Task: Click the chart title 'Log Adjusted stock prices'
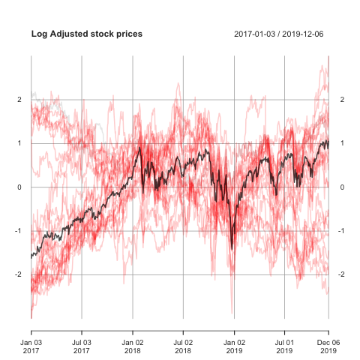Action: (87, 34)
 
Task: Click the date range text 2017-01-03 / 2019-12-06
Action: (279, 34)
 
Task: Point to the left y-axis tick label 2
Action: (19, 100)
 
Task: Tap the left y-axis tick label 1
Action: (19, 143)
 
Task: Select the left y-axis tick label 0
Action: (19, 187)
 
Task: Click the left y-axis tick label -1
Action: (18, 231)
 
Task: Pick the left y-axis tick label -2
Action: (18, 274)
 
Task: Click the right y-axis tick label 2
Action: (342, 100)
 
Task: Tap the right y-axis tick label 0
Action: (342, 187)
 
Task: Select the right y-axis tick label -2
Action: (341, 274)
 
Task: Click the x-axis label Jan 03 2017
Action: (31, 346)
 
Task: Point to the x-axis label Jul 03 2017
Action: (82, 346)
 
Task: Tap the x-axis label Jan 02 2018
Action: (133, 346)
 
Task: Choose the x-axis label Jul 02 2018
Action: (183, 346)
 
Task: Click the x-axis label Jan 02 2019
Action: (234, 346)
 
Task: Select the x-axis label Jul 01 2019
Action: (284, 346)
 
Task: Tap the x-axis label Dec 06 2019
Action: (328, 346)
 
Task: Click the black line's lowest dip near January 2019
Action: (232, 249)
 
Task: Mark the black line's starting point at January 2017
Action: (31, 258)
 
